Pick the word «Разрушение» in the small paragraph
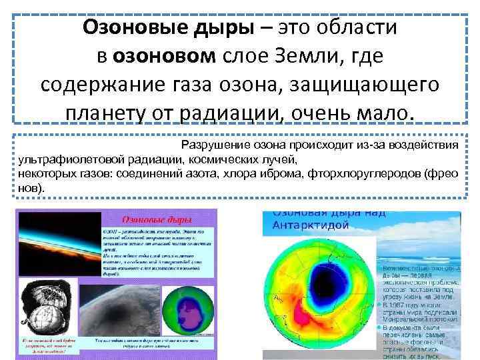pyautogui.click(x=213, y=145)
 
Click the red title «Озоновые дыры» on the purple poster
pyautogui.click(x=157, y=220)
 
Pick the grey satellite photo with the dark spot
pyautogui.click(x=127, y=313)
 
